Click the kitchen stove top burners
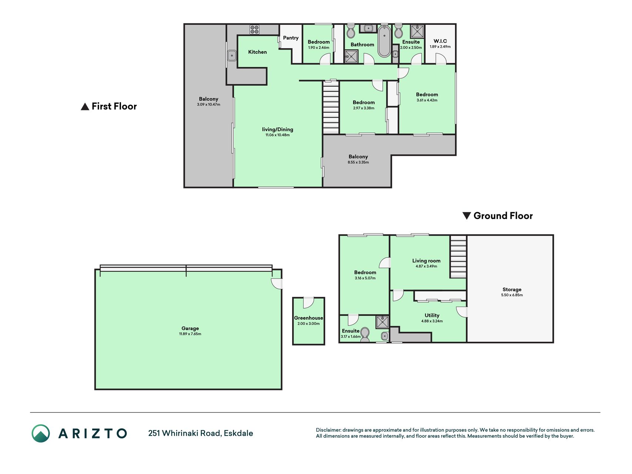tap(254, 30)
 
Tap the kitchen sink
tap(232, 56)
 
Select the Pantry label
tap(291, 38)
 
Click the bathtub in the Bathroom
tap(384, 41)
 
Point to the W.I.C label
tap(440, 41)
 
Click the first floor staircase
tap(331, 107)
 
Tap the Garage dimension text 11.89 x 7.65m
tap(190, 334)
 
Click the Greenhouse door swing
tap(308, 303)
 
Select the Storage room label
tap(512, 290)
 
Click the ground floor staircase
tap(458, 257)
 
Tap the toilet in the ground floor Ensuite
tap(365, 334)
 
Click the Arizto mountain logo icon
tap(41, 433)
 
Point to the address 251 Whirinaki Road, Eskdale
tap(201, 433)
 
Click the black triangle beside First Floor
tap(85, 107)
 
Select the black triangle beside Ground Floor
tap(467, 216)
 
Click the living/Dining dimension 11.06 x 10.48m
tap(277, 135)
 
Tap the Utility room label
tap(432, 316)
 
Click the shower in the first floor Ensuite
tap(417, 31)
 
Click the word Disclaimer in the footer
tap(328, 430)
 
